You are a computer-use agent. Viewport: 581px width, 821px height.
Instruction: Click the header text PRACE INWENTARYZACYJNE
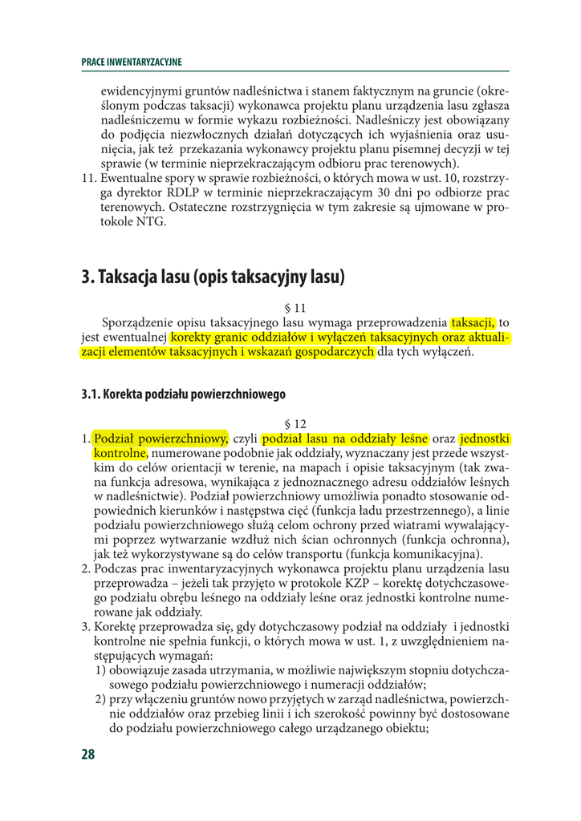pos(132,62)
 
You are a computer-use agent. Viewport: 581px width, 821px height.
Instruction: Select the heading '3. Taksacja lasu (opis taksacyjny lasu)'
pos(213,277)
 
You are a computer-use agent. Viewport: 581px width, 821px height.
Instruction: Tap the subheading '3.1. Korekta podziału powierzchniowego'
pos(183,394)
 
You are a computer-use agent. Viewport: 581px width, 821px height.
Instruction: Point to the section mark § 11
pos(295,308)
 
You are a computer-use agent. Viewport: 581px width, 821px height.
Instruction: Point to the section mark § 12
pos(295,423)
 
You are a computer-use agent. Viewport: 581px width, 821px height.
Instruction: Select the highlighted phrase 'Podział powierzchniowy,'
pos(161,439)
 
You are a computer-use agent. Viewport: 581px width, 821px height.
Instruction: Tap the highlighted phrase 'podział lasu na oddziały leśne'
pos(346,439)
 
